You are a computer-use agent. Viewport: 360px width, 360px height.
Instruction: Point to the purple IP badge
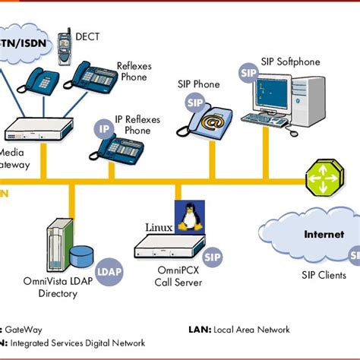[106, 128]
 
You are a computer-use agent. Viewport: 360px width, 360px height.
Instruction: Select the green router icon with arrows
[324, 179]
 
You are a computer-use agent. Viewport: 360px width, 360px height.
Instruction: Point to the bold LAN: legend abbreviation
[201, 329]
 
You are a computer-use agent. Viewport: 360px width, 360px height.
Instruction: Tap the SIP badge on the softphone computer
[248, 73]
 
